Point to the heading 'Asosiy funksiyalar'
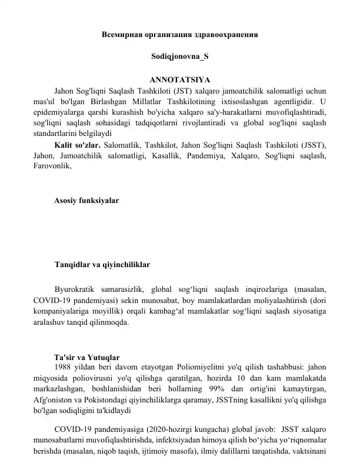click(x=86, y=201)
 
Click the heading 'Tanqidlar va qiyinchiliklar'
click(x=101, y=265)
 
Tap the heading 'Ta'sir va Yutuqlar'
click(x=87, y=357)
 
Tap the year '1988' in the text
click(x=63, y=368)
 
